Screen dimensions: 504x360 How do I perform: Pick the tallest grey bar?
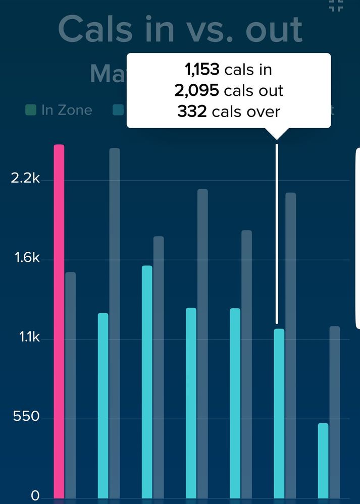(115, 323)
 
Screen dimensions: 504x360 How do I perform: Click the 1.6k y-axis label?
(25, 258)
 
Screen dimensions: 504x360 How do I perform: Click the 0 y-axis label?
(35, 495)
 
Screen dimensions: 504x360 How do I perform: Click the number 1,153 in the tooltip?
(202, 70)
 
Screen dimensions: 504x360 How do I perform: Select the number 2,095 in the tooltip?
(196, 90)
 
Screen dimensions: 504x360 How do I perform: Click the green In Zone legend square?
(31, 110)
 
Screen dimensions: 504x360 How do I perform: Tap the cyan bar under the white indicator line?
(279, 413)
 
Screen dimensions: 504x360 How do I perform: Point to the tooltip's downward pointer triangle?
(277, 134)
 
